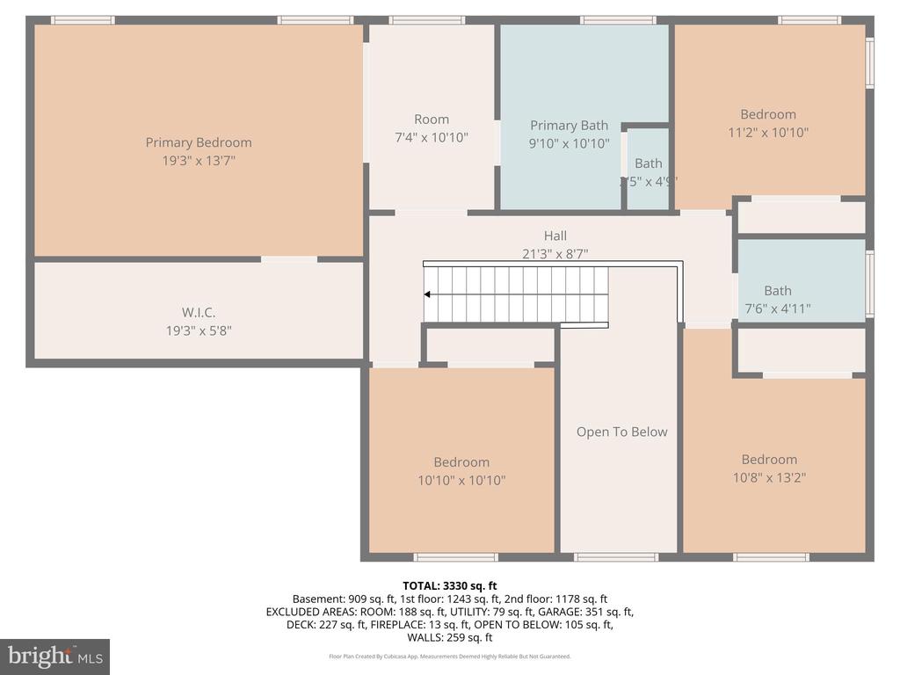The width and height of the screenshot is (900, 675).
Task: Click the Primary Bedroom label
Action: click(x=199, y=142)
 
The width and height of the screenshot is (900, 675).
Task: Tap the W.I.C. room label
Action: click(x=199, y=312)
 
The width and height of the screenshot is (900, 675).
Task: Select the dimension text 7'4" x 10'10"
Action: click(x=431, y=137)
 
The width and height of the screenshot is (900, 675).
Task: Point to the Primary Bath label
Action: click(x=569, y=126)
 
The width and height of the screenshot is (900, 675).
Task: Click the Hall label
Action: click(x=555, y=236)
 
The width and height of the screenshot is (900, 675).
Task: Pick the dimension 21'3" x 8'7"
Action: click(x=555, y=254)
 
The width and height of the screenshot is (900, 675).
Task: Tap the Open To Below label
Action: click(x=621, y=432)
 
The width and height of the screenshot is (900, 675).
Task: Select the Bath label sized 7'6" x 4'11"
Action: click(x=777, y=291)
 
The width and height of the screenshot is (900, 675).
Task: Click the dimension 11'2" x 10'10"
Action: click(x=768, y=133)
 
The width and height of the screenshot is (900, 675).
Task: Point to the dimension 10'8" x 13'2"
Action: click(x=769, y=477)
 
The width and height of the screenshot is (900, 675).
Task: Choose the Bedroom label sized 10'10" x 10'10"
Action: click(x=461, y=462)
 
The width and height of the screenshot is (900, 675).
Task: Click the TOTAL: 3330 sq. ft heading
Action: click(x=449, y=585)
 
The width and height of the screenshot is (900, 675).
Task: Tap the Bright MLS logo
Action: click(x=54, y=656)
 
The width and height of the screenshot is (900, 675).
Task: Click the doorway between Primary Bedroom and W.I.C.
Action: click(x=289, y=259)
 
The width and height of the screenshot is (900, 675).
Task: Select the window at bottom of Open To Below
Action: click(x=616, y=556)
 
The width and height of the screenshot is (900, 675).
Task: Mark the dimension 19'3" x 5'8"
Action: click(x=199, y=330)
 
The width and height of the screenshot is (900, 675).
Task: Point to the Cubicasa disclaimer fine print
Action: click(x=449, y=657)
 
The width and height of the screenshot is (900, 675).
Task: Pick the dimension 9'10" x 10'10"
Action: click(x=569, y=144)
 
